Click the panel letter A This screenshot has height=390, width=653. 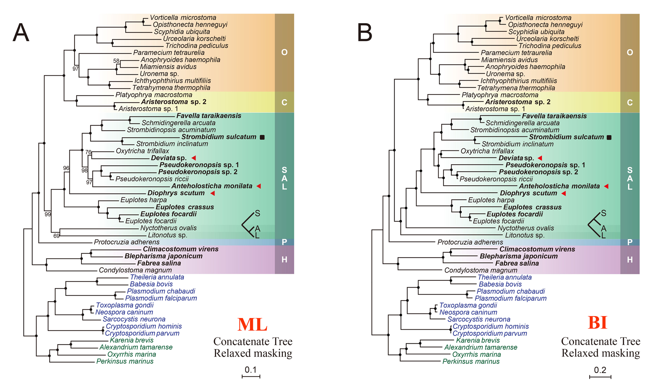coord(21,32)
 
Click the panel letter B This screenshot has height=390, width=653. coord(365,32)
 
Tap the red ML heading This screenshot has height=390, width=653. coord(252,324)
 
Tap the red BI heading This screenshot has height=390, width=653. coord(597,323)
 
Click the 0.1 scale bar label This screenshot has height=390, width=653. coord(250,370)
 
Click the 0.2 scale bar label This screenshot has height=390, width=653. coord(600,370)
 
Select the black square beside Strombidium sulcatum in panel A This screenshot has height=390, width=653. coord(262,137)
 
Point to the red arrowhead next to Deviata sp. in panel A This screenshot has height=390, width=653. coord(193,158)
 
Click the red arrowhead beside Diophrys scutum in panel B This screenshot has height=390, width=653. coord(564,193)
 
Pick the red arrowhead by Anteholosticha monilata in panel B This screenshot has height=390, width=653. coord(606,186)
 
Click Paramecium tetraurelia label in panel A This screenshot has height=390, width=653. coord(169,53)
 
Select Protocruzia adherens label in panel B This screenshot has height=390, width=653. coord(470,242)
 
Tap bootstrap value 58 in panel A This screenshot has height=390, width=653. coord(116,61)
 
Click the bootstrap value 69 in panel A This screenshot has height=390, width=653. coord(56,236)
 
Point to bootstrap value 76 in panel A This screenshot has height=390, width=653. coord(88,152)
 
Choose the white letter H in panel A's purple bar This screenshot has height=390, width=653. coord(284,260)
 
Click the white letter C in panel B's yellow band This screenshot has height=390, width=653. coord(630,103)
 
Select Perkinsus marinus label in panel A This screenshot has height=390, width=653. coord(125,361)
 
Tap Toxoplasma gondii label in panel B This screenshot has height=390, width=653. coord(468,305)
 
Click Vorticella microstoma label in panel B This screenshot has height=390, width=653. coord(538,18)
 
